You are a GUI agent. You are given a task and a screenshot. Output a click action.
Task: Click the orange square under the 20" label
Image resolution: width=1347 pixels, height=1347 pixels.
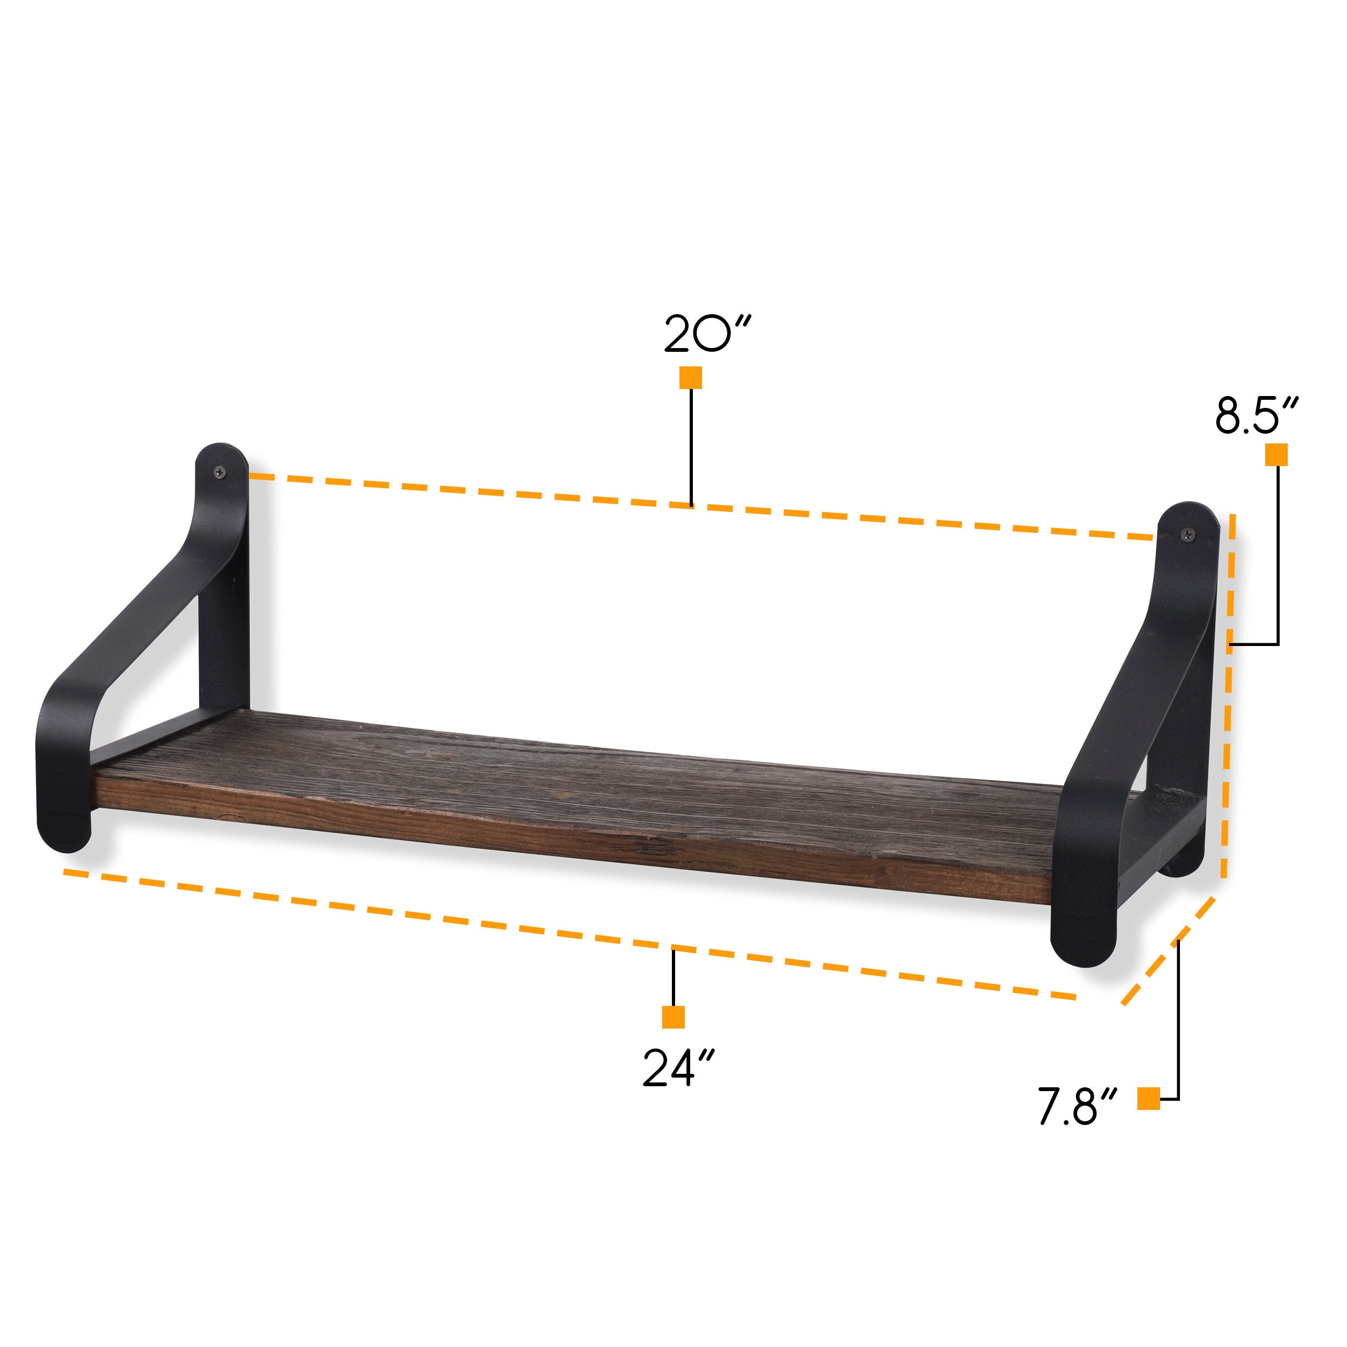[690, 377]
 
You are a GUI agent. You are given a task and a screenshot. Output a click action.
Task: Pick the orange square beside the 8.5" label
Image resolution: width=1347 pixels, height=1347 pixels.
[1276, 455]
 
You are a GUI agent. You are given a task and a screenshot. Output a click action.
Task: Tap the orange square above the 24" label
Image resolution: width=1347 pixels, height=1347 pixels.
[673, 1017]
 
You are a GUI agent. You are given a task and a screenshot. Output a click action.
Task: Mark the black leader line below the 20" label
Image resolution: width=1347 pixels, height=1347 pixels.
[691, 446]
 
